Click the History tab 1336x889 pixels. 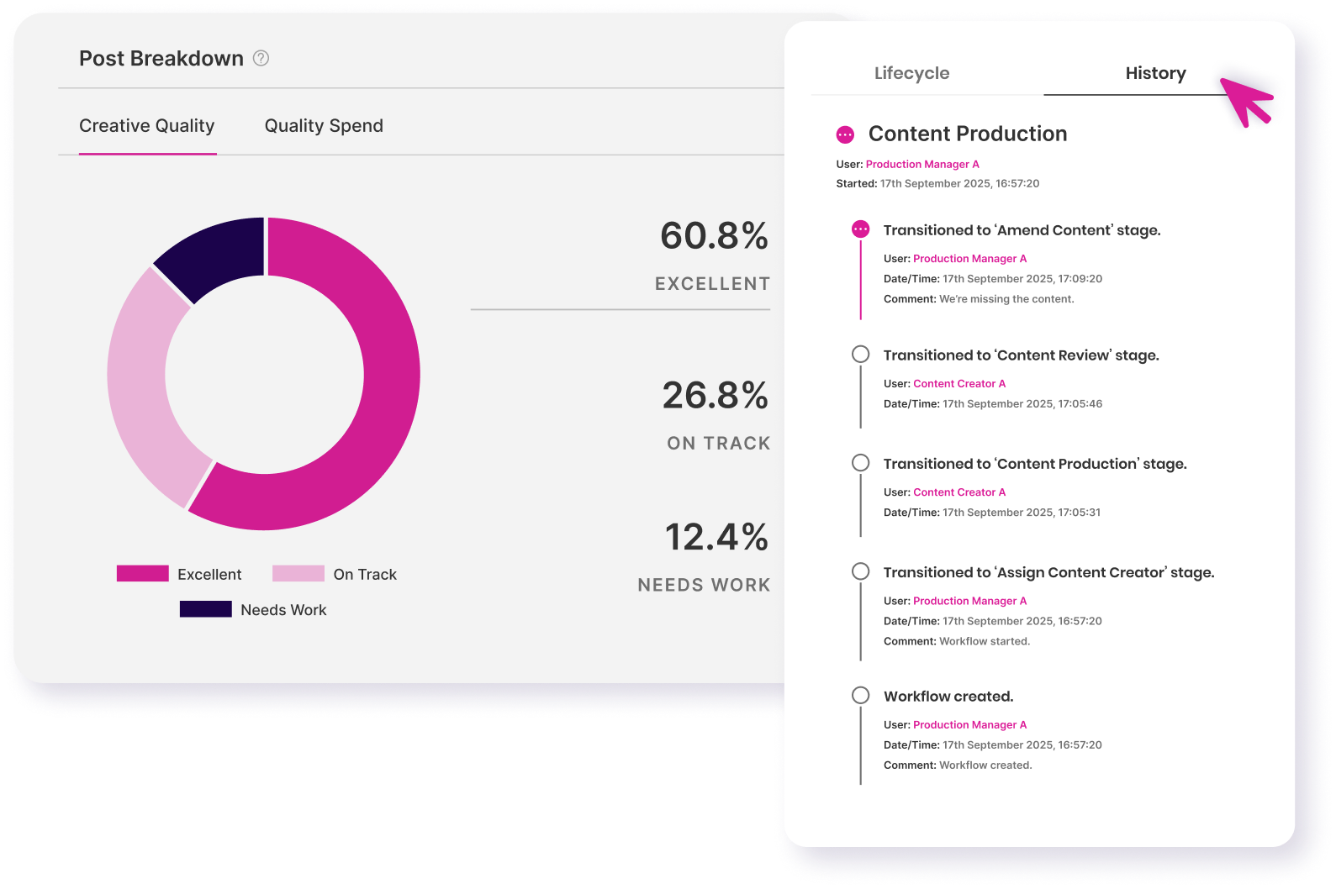tap(1155, 74)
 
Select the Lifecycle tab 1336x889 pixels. tap(911, 74)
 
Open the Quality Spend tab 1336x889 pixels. tap(324, 126)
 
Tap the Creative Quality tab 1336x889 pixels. tap(147, 126)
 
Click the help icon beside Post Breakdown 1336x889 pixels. tap(261, 58)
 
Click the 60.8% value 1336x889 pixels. tap(714, 236)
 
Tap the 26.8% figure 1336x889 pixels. tap(715, 396)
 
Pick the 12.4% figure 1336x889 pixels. tap(716, 538)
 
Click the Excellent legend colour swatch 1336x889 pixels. tap(143, 574)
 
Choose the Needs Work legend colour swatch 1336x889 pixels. tap(205, 609)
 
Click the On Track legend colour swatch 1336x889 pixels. tap(298, 574)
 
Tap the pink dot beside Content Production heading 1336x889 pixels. tap(845, 134)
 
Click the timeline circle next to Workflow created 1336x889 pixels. tap(860, 696)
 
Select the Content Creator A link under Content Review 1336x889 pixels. tap(959, 384)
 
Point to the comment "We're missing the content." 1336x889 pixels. tap(1006, 299)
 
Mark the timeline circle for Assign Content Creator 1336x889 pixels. tap(860, 571)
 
